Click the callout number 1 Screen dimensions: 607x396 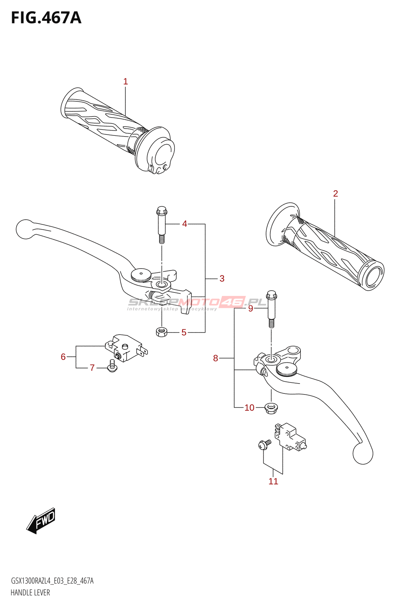click(x=126, y=82)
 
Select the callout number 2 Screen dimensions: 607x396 click(x=335, y=193)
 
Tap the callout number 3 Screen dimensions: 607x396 click(x=222, y=278)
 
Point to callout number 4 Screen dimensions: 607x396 click(x=184, y=224)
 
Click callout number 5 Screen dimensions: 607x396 click(x=184, y=333)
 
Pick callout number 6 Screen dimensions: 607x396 click(x=63, y=357)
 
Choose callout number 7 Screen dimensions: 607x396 click(x=92, y=368)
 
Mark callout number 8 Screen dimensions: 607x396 click(x=215, y=358)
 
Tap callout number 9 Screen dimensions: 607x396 click(x=250, y=308)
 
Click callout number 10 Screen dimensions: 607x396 click(x=249, y=408)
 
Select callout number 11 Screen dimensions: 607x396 click(x=273, y=481)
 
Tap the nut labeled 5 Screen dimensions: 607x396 click(x=162, y=332)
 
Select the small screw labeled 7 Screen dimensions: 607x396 click(x=112, y=366)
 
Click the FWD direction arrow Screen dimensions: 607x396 click(x=41, y=520)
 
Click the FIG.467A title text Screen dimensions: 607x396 click(x=46, y=18)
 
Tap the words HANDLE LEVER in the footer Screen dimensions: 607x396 click(x=30, y=593)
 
